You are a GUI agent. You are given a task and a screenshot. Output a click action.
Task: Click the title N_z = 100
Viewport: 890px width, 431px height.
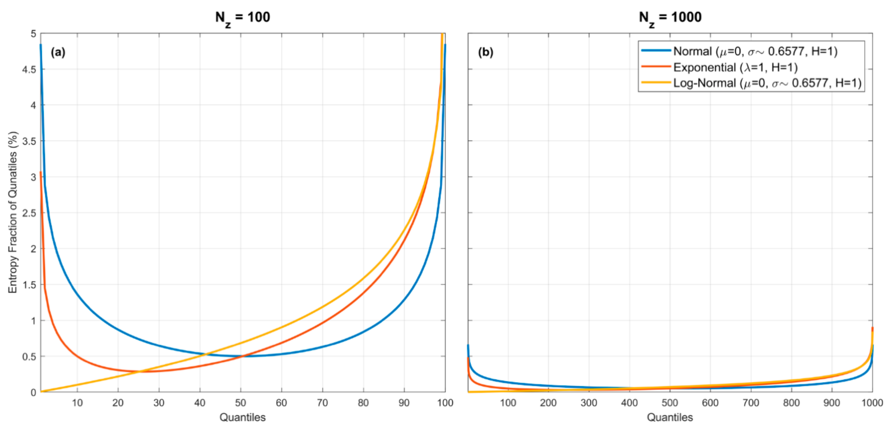tap(242, 17)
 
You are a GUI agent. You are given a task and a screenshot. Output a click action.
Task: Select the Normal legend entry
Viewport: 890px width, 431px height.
tap(755, 51)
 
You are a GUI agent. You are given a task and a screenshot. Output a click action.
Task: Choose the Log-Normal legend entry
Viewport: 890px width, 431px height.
tap(767, 83)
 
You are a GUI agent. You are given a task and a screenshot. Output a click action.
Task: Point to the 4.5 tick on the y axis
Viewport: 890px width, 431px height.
tap(29, 69)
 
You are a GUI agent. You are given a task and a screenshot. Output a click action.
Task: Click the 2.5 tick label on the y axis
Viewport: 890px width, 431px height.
tap(29, 213)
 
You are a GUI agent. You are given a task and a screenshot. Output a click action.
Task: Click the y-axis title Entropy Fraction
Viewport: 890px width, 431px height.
tap(13, 212)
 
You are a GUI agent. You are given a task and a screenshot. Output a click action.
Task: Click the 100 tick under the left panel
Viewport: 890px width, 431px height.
tap(445, 403)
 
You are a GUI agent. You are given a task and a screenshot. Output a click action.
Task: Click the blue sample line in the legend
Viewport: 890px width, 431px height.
tap(656, 51)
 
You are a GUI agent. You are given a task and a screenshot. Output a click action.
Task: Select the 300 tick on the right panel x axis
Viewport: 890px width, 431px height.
tap(589, 403)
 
